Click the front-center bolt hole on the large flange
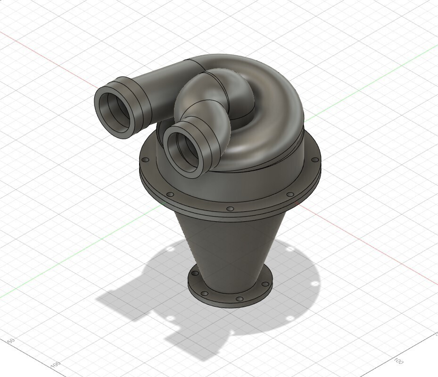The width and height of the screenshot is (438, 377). pos(230,209)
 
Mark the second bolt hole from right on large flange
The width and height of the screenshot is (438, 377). pos(290,194)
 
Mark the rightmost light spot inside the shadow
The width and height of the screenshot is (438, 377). pos(314,284)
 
